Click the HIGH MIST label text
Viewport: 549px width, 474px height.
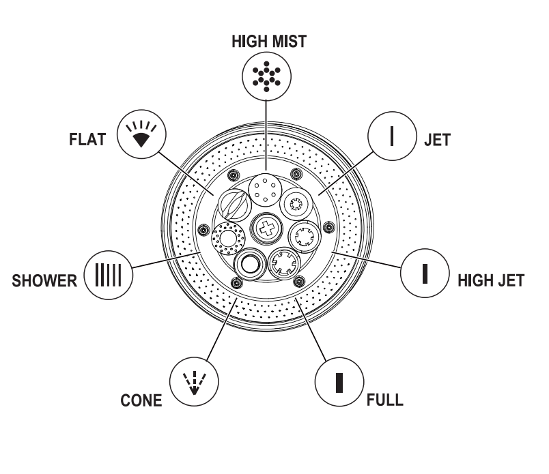(269, 42)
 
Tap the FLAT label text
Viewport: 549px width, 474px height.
(87, 139)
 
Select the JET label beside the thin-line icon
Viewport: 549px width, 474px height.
(437, 140)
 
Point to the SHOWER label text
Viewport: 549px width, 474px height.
(44, 280)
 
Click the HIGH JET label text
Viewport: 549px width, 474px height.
(491, 280)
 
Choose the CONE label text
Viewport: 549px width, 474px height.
(141, 400)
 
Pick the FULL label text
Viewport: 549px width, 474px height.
(385, 400)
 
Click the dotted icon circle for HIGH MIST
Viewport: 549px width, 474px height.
(266, 76)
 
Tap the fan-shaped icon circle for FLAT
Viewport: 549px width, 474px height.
(141, 134)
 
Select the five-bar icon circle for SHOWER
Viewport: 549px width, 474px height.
(109, 275)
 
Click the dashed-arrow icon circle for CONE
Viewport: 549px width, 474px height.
(194, 381)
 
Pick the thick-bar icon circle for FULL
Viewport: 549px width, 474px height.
(339, 382)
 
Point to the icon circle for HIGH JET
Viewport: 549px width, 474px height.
(425, 273)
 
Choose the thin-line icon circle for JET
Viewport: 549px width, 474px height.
(392, 136)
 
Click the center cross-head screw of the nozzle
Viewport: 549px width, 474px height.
(267, 228)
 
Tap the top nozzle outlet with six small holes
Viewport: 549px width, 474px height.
(265, 190)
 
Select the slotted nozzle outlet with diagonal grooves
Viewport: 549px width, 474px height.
(235, 206)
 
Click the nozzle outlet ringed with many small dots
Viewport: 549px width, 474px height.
(228, 239)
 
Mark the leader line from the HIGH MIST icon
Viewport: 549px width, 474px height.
(266, 135)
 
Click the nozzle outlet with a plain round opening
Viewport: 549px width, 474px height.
(249, 264)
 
